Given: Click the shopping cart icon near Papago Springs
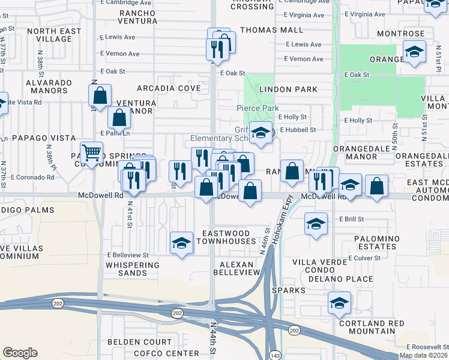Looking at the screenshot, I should pyautogui.click(x=91, y=154).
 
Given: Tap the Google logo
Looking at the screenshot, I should pyautogui.click(x=20, y=353).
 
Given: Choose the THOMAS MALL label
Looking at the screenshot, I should pyautogui.click(x=264, y=29).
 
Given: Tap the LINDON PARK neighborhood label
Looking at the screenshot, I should pyautogui.click(x=288, y=89).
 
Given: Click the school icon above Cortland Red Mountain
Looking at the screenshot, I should pyautogui.click(x=339, y=303).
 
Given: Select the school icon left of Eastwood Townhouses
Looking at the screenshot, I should pyautogui.click(x=181, y=243).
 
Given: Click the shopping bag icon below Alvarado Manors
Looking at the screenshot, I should pyautogui.click(x=100, y=95).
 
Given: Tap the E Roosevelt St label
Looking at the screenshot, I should pyautogui.click(x=427, y=347).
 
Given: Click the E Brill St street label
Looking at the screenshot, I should pyautogui.click(x=352, y=220).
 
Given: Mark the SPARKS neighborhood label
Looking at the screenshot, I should pyautogui.click(x=288, y=290).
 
